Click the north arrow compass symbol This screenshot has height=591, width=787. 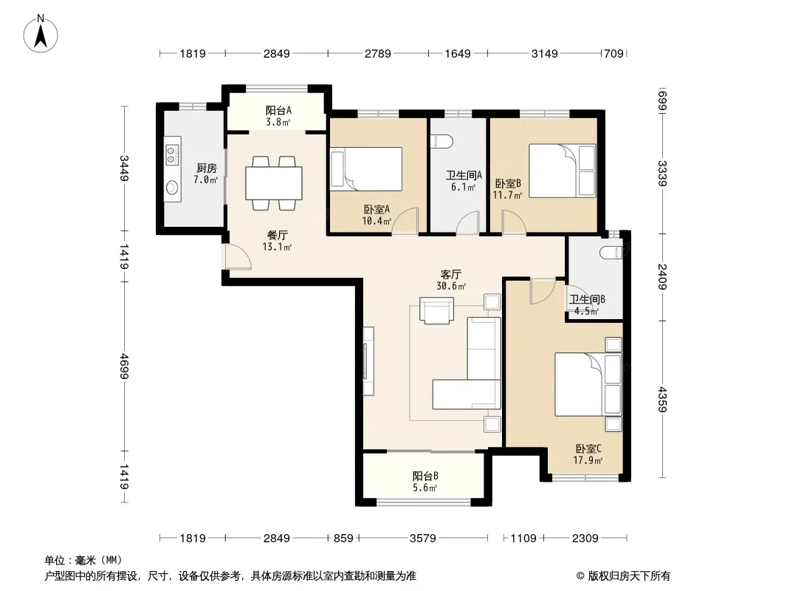pyautogui.click(x=41, y=34)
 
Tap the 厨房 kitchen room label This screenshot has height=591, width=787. pyautogui.click(x=206, y=168)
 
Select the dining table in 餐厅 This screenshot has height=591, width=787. pyautogui.click(x=274, y=183)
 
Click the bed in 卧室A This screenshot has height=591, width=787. pyautogui.click(x=366, y=168)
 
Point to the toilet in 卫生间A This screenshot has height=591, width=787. pyautogui.click(x=443, y=141)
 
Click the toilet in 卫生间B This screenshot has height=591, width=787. pyautogui.click(x=611, y=253)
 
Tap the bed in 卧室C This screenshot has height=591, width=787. pyautogui.click(x=588, y=385)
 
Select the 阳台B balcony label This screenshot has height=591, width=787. pyautogui.click(x=425, y=475)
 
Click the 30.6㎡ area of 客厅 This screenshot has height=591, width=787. pyautogui.click(x=451, y=286)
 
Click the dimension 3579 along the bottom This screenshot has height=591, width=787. pyautogui.click(x=422, y=539)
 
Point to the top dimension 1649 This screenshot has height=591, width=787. pyautogui.click(x=458, y=53)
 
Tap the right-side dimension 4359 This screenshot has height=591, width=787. pyautogui.click(x=662, y=399)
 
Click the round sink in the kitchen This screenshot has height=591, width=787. pyautogui.click(x=172, y=188)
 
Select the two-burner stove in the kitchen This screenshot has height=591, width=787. pyautogui.click(x=172, y=154)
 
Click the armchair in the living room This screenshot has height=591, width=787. pyautogui.click(x=436, y=310)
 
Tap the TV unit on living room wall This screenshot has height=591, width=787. pyautogui.click(x=368, y=361)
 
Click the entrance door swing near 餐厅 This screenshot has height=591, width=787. pyautogui.click(x=238, y=256)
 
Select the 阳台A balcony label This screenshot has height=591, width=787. pyautogui.click(x=278, y=110)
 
